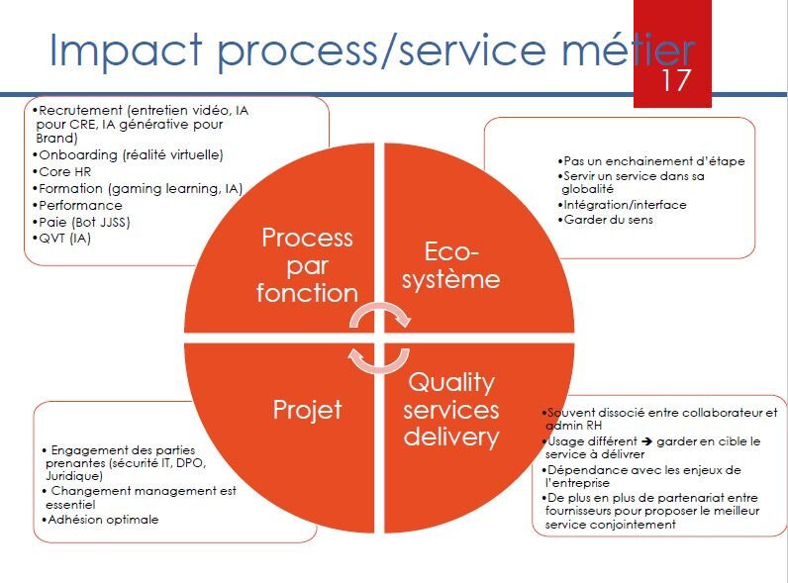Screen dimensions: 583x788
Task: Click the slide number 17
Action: [675, 79]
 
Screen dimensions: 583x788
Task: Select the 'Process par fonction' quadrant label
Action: [306, 265]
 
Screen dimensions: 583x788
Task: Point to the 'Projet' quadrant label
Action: [307, 410]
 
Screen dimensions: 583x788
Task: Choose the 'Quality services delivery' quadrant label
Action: [452, 409]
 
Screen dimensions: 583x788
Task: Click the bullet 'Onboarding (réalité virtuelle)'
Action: [129, 155]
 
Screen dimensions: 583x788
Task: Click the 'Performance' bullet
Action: [79, 205]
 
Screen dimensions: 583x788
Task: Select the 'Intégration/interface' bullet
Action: [623, 205]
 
